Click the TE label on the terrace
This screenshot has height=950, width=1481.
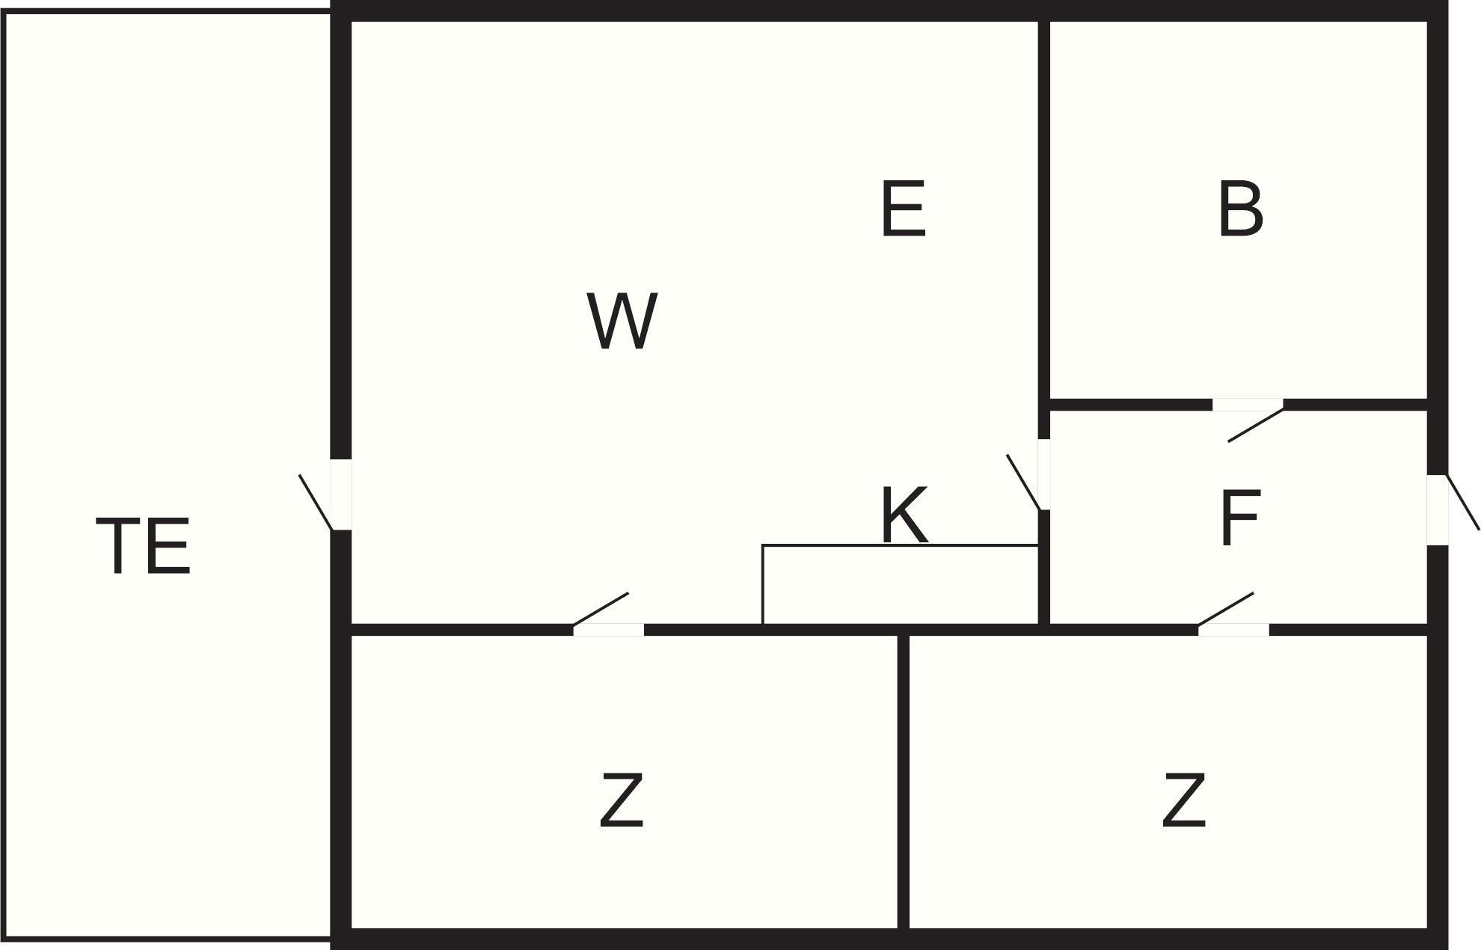(x=143, y=546)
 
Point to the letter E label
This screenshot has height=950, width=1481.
(x=904, y=209)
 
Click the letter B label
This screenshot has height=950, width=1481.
(x=1240, y=209)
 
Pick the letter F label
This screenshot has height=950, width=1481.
(x=1239, y=517)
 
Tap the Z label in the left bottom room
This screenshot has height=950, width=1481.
(x=622, y=800)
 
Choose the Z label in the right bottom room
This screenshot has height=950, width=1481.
(x=1183, y=800)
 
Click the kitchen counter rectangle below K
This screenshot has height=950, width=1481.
(x=900, y=584)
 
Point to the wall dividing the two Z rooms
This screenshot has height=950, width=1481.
(x=904, y=782)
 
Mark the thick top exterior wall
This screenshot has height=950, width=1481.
(x=889, y=10)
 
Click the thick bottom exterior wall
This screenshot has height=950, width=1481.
(x=889, y=940)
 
